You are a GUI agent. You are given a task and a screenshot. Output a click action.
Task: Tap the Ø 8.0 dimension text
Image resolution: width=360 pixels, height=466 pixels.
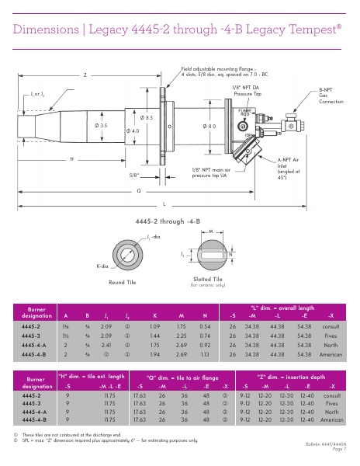[x=210, y=125]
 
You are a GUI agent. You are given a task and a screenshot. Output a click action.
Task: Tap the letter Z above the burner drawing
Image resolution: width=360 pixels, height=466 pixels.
[x=85, y=75]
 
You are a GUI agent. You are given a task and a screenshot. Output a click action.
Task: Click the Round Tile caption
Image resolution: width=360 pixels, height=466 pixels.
[x=123, y=282]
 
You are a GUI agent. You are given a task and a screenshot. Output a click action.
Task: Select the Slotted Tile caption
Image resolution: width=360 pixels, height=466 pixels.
[x=207, y=278]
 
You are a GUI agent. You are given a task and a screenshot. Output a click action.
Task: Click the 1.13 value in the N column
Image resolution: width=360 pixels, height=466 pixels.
[x=205, y=352]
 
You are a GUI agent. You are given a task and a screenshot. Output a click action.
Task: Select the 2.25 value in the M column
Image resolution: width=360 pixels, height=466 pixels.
[x=181, y=335]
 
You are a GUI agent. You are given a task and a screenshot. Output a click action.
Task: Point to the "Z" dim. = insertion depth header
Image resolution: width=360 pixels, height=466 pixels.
[x=291, y=376]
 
